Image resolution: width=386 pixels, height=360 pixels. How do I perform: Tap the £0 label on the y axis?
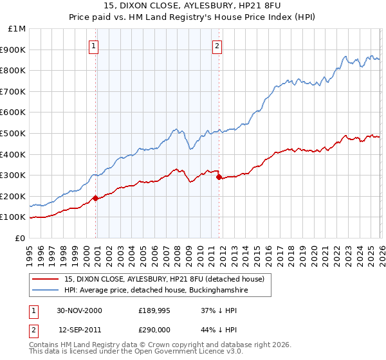[21, 238]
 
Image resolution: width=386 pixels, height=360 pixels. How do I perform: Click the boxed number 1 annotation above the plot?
[95, 46]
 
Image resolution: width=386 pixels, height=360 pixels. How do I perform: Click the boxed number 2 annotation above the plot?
[217, 46]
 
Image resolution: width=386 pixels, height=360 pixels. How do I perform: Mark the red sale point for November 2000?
[96, 198]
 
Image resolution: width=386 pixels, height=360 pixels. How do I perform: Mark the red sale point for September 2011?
[219, 177]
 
